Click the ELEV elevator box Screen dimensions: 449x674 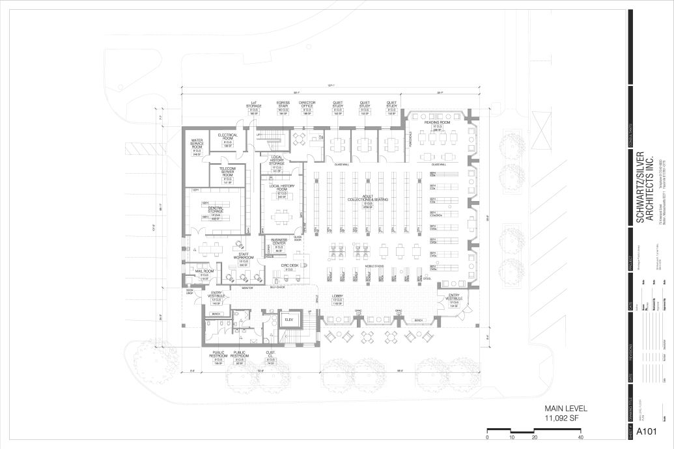point(288,320)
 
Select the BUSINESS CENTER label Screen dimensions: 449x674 point(279,243)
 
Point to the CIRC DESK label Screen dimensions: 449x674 point(288,265)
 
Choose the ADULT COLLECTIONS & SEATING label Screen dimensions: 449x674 point(367,199)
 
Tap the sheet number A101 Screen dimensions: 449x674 point(645,431)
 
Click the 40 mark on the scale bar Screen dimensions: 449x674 point(580,437)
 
